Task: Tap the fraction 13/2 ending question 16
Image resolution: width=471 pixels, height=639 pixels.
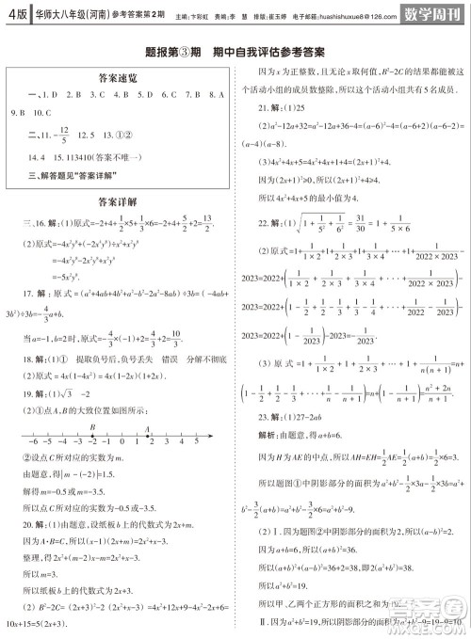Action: tap(214, 222)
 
